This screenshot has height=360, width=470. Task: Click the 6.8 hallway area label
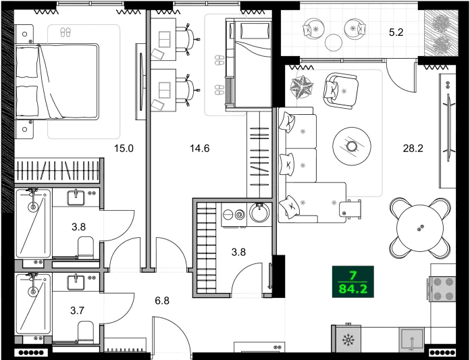pos(162,300)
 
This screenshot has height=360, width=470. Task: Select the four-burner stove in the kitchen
pos(442,289)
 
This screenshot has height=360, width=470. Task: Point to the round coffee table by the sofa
pos(352,146)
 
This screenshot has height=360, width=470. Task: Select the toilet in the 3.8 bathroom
pos(86,247)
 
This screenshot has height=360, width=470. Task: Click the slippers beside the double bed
pos(66,32)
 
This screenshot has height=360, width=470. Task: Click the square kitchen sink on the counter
pos(409,340)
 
